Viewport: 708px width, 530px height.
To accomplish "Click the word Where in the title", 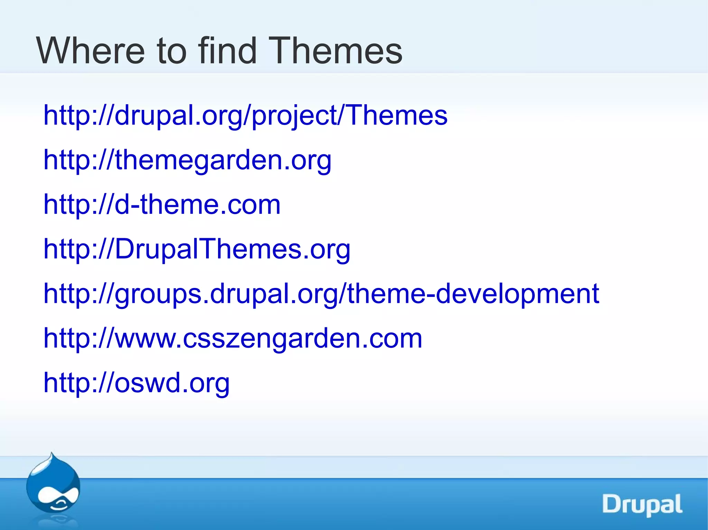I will (x=90, y=51).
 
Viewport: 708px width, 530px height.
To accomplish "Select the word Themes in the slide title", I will (x=335, y=51).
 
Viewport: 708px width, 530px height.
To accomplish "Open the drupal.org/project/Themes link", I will (x=245, y=115).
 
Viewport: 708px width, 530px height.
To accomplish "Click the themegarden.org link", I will (x=187, y=160).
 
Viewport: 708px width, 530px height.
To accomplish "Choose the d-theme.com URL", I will (x=162, y=204).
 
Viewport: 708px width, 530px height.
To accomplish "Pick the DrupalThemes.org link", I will (x=197, y=249).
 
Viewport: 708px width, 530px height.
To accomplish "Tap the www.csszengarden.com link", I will (x=233, y=338).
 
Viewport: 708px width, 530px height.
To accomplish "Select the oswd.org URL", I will (x=137, y=383).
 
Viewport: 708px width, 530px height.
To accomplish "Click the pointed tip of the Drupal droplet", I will (x=52, y=454).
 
